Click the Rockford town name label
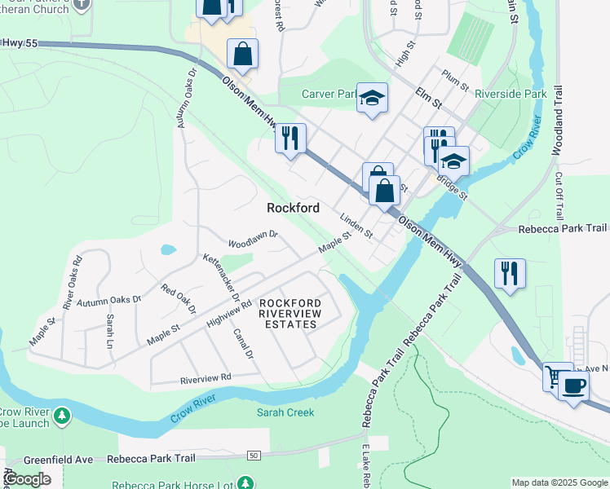293,208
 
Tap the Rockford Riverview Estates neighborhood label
290,314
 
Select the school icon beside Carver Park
372,99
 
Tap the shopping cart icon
557,376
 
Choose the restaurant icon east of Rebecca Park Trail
510,273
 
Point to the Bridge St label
452,188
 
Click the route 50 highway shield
254,455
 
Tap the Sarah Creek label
285,412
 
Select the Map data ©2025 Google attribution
559,482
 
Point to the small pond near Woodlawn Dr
168,249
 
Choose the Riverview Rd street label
206,378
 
